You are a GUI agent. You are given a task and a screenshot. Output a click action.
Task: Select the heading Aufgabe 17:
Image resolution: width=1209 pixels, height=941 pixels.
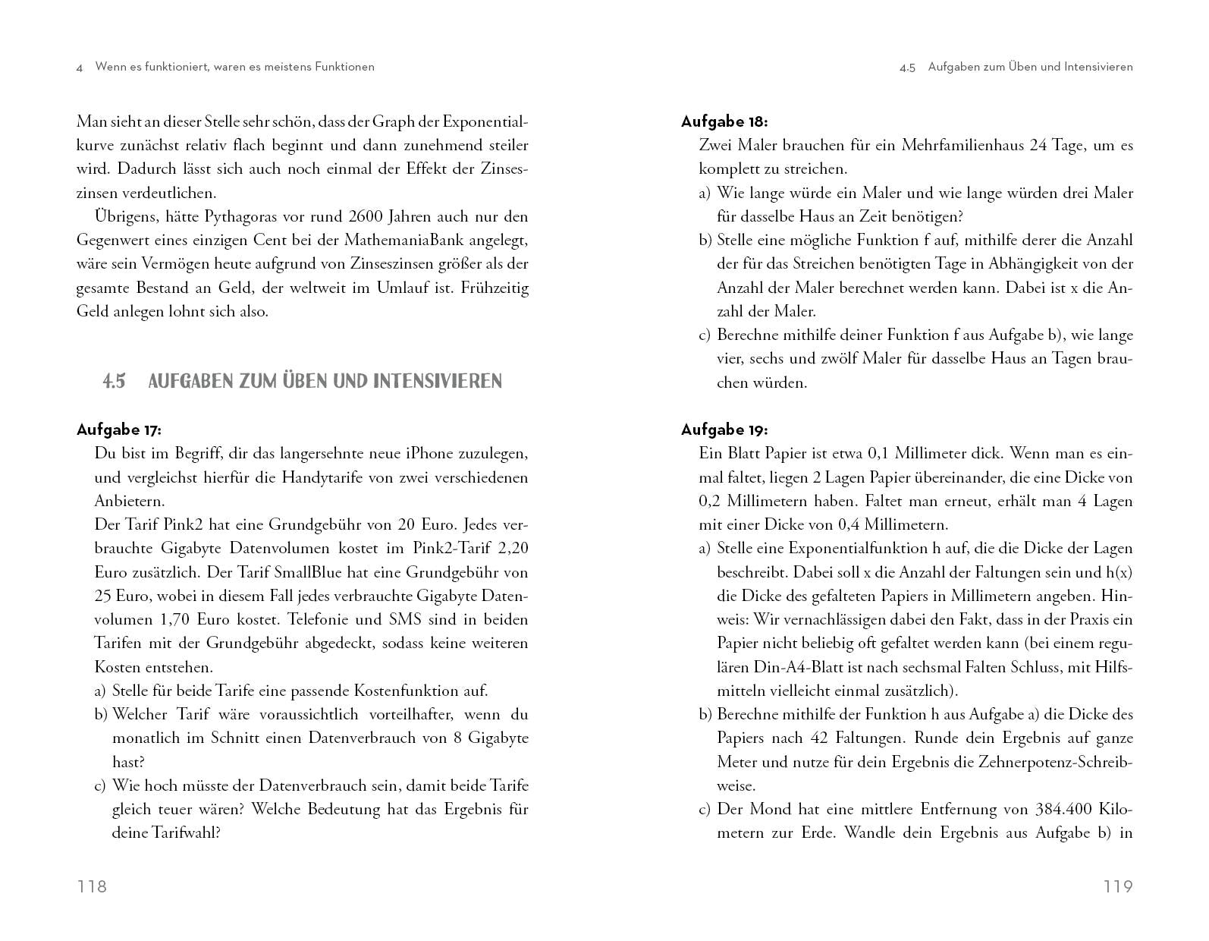click(x=119, y=430)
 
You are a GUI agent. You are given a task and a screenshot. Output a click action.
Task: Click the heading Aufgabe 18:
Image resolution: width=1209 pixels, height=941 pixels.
click(x=724, y=121)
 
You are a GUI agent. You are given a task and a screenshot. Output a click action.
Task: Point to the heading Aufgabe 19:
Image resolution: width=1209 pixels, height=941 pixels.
click(x=724, y=430)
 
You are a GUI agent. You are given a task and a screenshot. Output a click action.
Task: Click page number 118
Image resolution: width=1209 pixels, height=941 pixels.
click(x=92, y=886)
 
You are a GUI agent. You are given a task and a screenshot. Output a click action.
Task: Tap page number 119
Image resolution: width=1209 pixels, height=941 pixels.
click(x=1118, y=886)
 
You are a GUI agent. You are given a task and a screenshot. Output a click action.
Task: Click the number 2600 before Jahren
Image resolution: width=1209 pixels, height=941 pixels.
click(x=358, y=217)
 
